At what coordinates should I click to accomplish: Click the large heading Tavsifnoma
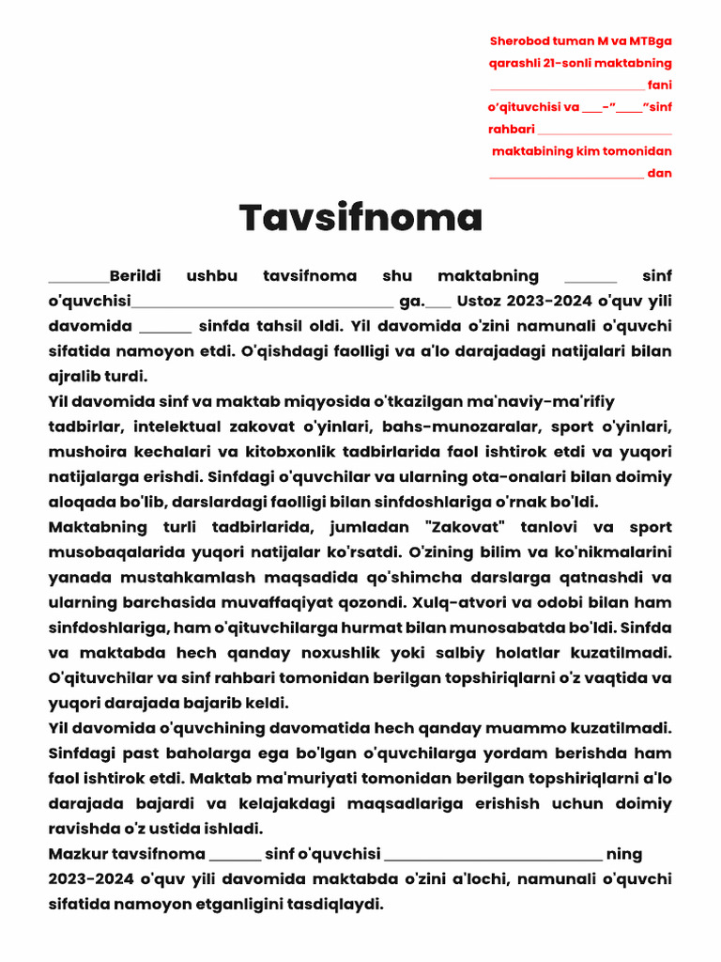click(x=360, y=218)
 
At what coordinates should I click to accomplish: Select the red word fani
click(x=660, y=85)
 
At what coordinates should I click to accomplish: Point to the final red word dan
click(x=660, y=173)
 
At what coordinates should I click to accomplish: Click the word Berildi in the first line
click(x=135, y=276)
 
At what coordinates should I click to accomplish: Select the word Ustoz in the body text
click(x=479, y=302)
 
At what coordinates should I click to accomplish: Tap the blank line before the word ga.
click(x=263, y=303)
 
